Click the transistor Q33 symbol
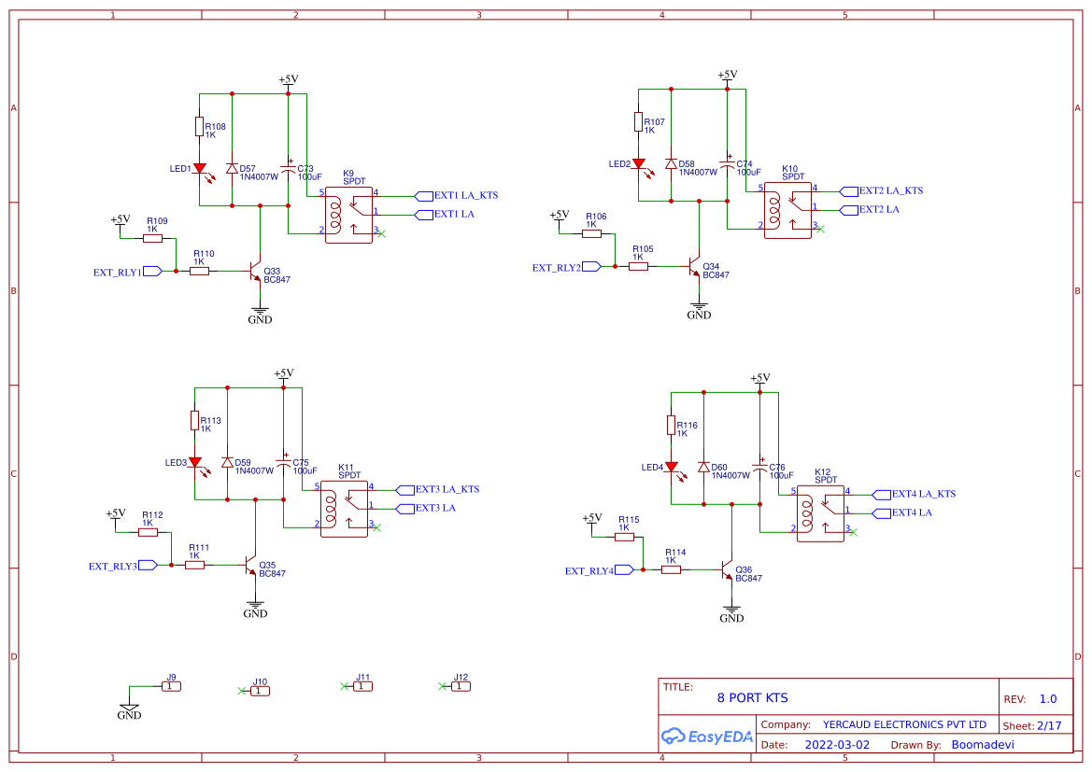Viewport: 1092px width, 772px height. pyautogui.click(x=255, y=272)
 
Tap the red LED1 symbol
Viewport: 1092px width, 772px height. pyautogui.click(x=199, y=169)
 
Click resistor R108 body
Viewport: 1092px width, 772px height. pyautogui.click(x=199, y=127)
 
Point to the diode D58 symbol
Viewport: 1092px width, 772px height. pyautogui.click(x=671, y=163)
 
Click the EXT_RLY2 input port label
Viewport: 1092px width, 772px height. pyautogui.click(x=557, y=267)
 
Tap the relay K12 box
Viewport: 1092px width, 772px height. pyautogui.click(x=820, y=512)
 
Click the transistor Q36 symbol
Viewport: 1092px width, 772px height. pyautogui.click(x=727, y=569)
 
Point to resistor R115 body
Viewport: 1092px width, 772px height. pyautogui.click(x=624, y=537)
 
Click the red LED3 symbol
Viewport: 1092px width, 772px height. pyautogui.click(x=194, y=462)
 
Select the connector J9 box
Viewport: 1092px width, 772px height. pyautogui.click(x=171, y=686)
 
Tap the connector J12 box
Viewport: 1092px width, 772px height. pyautogui.click(x=461, y=686)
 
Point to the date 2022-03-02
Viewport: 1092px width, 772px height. pyautogui.click(x=836, y=745)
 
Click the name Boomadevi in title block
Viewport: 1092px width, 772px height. pyautogui.click(x=982, y=745)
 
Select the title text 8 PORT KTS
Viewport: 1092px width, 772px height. pyautogui.click(x=752, y=697)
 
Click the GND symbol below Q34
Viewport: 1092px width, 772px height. pyautogui.click(x=699, y=310)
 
